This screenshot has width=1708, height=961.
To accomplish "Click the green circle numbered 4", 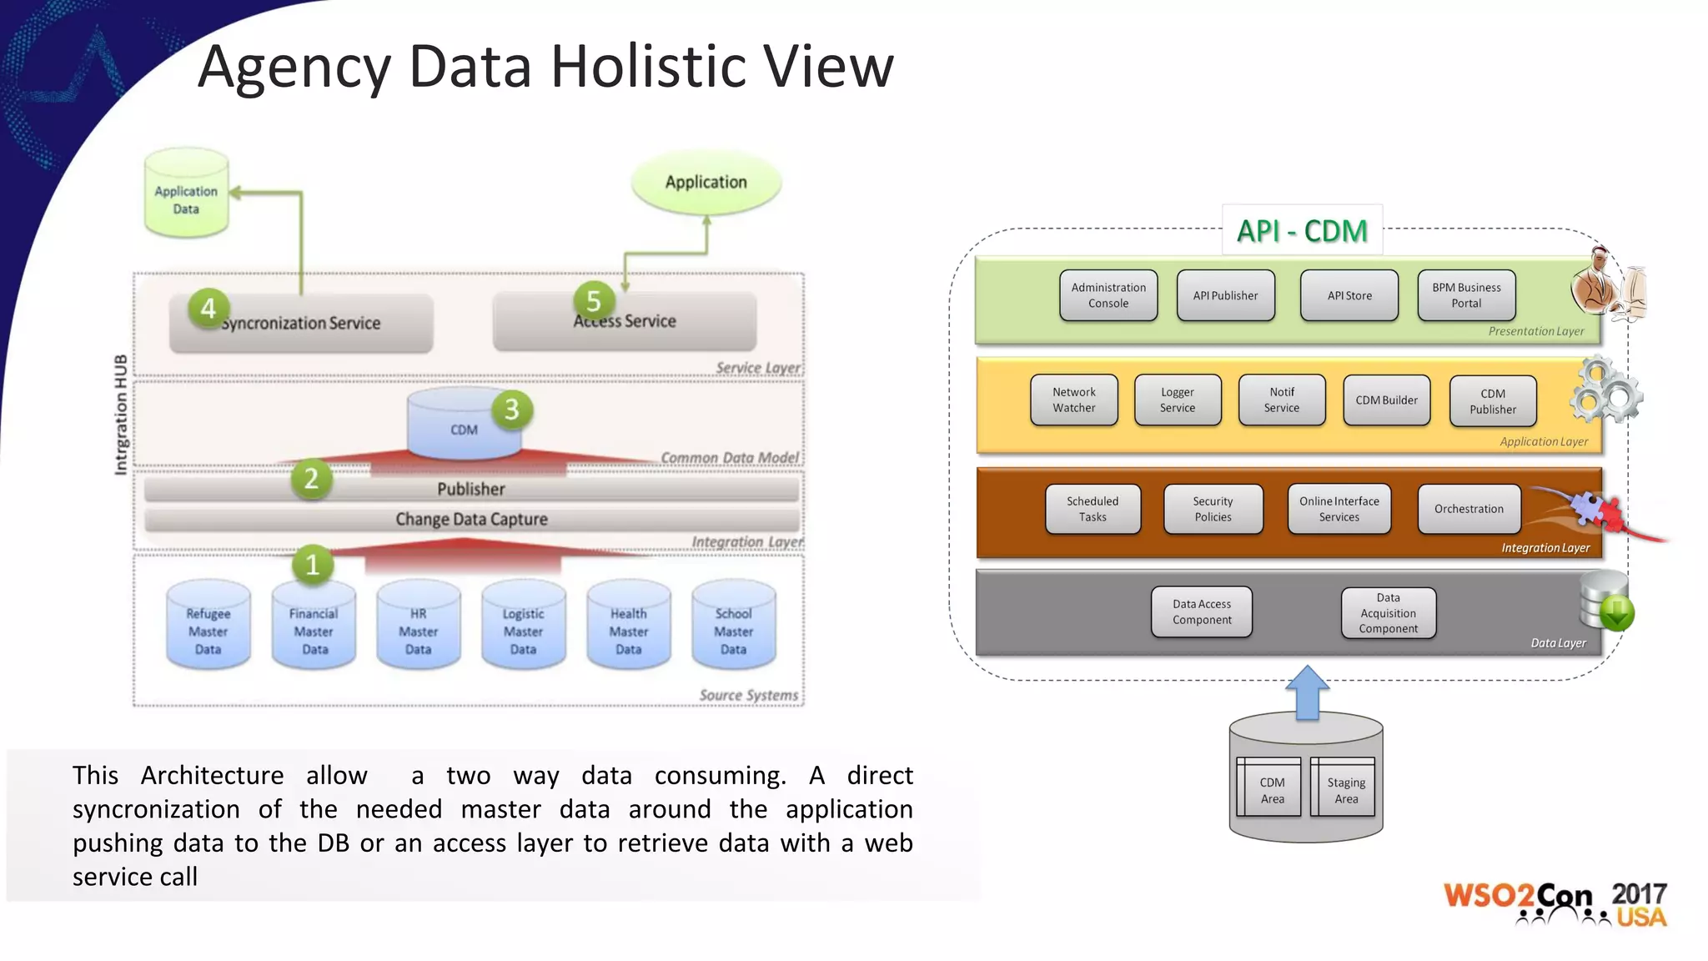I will pyautogui.click(x=208, y=309).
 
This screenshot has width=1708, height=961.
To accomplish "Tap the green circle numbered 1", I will pyautogui.click(x=313, y=565).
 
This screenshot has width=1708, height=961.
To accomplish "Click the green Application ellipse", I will pyautogui.click(x=706, y=182).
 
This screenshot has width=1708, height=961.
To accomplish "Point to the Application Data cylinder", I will pyautogui.click(x=186, y=195).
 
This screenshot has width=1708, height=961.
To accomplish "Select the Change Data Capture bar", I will pyautogui.click(x=471, y=519).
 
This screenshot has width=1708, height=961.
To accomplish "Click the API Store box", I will pyautogui.click(x=1349, y=295).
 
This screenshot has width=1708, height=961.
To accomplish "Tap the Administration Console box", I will pyautogui.click(x=1108, y=295).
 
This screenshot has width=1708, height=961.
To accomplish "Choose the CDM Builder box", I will pyautogui.click(x=1386, y=400).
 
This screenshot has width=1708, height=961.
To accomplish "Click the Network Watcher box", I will pyautogui.click(x=1073, y=400).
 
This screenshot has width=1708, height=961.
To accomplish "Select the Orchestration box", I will pyautogui.click(x=1469, y=509).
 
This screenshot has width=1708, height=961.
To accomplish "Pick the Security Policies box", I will pyautogui.click(x=1213, y=509).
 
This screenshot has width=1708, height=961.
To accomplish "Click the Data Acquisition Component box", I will pyautogui.click(x=1388, y=613).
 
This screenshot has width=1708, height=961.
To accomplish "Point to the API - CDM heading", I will pyautogui.click(x=1302, y=231).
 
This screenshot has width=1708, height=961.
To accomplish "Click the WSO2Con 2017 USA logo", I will pyautogui.click(x=1555, y=903).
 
